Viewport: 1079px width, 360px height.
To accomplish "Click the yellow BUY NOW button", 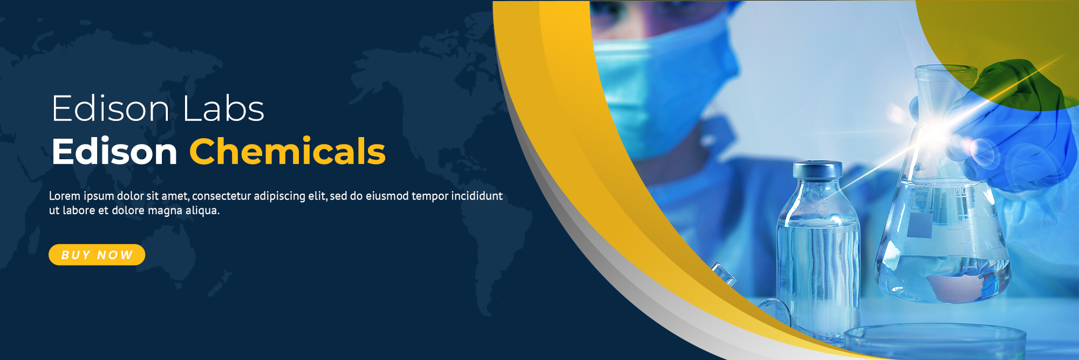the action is (97, 255).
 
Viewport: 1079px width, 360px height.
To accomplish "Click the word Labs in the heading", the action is (223, 108).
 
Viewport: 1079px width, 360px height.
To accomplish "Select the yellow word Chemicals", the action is (288, 151).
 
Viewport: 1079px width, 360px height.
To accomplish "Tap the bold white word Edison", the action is (114, 151).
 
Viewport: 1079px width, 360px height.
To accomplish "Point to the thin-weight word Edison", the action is (111, 108).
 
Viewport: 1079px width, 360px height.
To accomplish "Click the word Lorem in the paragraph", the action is (65, 196).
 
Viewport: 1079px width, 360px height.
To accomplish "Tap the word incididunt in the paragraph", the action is (477, 196).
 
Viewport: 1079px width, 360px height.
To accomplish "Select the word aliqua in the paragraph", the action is (202, 210).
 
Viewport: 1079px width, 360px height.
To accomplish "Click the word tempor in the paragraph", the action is (429, 196).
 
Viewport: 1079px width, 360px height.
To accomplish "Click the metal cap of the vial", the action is (817, 169).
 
